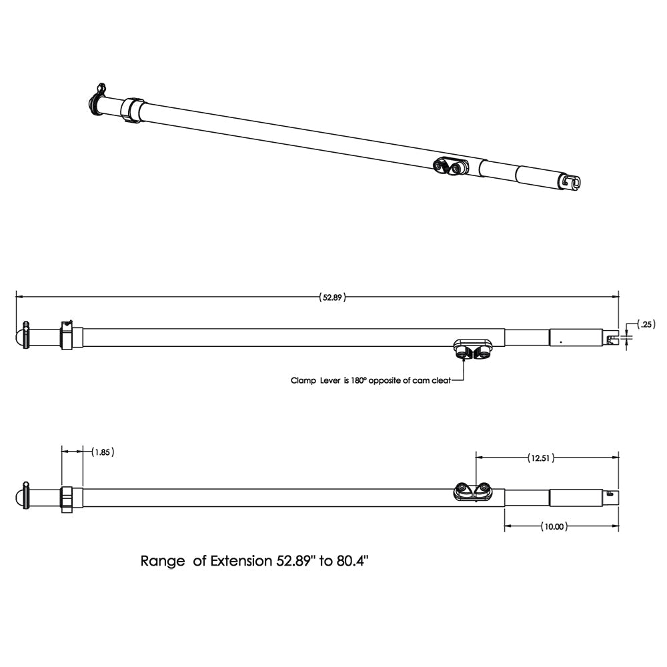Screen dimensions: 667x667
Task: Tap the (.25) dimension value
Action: coord(646,324)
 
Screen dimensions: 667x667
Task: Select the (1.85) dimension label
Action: coord(102,452)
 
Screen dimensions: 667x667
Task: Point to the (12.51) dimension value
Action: coord(540,458)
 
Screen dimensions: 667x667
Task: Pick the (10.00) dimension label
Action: coord(554,526)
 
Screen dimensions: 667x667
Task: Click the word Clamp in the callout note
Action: coord(302,381)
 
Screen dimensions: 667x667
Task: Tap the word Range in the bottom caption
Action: coord(163,561)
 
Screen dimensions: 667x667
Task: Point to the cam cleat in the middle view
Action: coord(473,348)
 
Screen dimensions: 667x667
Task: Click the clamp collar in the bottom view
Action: coord(67,499)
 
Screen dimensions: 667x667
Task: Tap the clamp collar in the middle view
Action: coord(67,336)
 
